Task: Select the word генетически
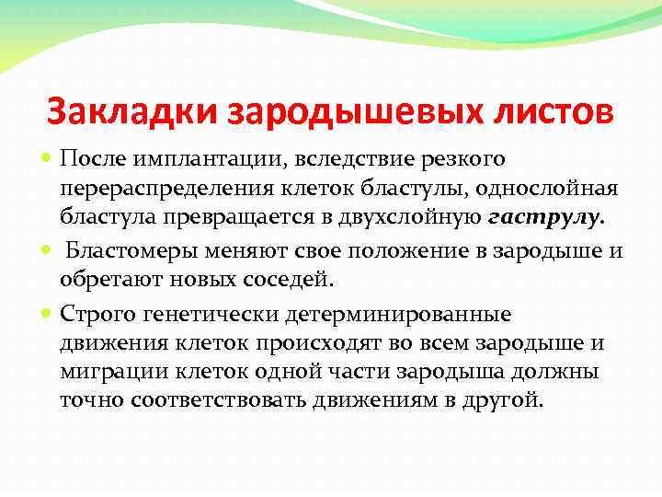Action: (x=199, y=314)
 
